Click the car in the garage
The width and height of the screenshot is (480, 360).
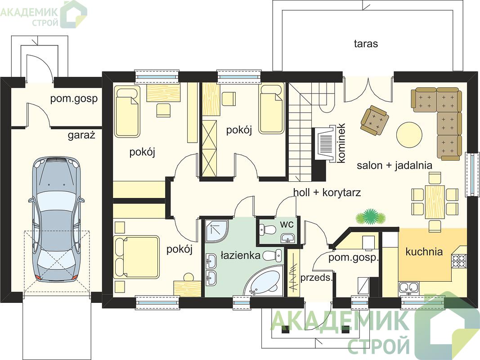coord(56,219)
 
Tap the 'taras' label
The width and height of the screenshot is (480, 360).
coord(366,44)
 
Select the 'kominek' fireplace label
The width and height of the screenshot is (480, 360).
coord(341,143)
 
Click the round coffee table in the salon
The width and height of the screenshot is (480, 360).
coord(409,135)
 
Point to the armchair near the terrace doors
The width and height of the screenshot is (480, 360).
coord(374,120)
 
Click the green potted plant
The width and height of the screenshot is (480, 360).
coord(370,216)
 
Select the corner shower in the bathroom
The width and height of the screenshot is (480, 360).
coord(216,231)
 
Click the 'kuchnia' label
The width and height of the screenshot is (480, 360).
coord(424,252)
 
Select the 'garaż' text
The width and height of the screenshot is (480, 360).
coord(81,135)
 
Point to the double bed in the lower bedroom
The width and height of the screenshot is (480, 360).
coord(136,257)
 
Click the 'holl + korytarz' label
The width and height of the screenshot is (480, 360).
coord(327,192)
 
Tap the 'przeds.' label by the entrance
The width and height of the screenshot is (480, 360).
coord(316,278)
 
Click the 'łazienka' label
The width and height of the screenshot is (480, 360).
coord(240,255)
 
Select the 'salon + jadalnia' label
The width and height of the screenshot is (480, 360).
coord(394,166)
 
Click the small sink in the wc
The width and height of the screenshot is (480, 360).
coord(288,238)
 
